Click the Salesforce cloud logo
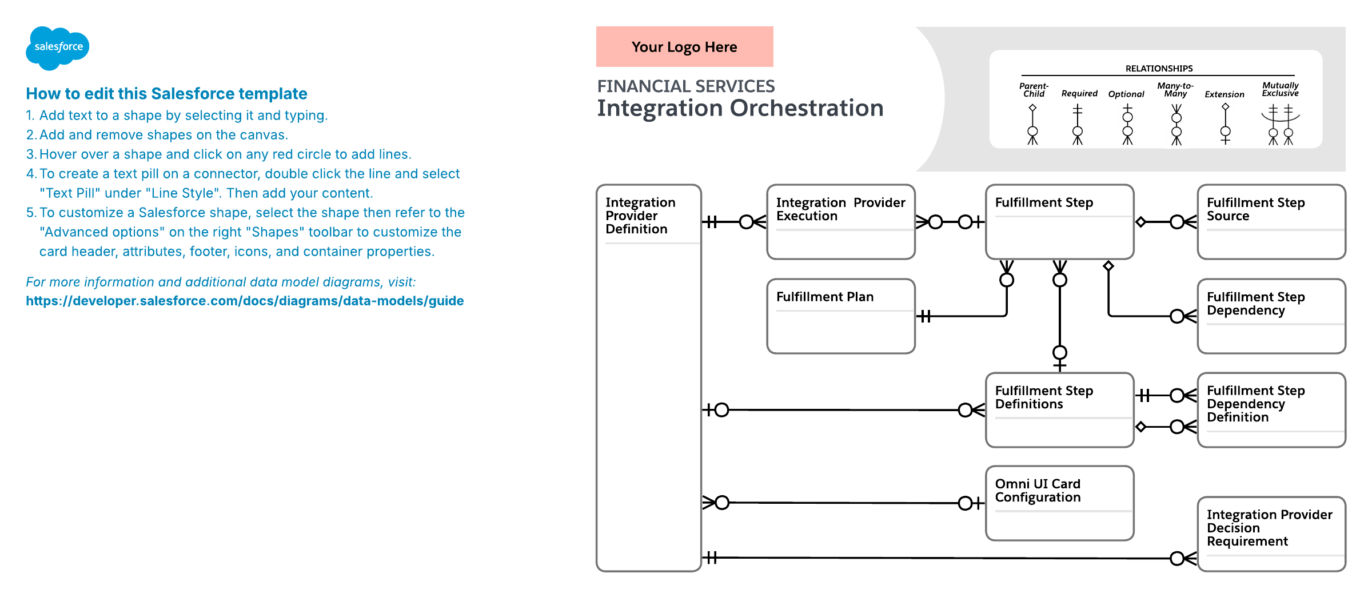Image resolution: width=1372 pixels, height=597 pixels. coord(57,48)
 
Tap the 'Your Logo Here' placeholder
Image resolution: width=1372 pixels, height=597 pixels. coord(684,46)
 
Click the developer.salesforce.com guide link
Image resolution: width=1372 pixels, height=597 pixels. coord(245,301)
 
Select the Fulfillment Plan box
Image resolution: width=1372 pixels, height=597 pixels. coord(841,316)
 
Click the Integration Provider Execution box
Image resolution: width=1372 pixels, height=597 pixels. coord(841,222)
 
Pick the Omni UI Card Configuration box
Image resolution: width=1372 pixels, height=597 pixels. coord(1060,503)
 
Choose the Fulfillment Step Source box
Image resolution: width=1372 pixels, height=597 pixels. coord(1271,222)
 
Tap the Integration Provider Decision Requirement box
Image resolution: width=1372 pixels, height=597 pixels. coord(1271,534)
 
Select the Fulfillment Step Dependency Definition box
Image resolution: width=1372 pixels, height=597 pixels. coord(1271,410)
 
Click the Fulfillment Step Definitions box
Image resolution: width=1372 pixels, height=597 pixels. coord(1060,410)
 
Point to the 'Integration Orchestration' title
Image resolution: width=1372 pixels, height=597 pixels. coord(740,108)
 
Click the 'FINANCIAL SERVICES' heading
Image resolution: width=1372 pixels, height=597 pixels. coord(686,86)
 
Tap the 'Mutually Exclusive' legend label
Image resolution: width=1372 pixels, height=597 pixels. coord(1281,89)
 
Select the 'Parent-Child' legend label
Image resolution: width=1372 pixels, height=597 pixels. coord(1034,90)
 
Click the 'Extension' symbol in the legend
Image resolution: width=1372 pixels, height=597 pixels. coord(1225,124)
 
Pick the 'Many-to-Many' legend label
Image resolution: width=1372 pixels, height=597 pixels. coord(1175,90)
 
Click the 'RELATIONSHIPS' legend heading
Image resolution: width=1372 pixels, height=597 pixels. coord(1159,69)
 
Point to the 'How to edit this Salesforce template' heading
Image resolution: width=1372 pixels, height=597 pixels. coord(166,93)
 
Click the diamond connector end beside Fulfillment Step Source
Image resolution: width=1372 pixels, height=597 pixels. coord(1140,222)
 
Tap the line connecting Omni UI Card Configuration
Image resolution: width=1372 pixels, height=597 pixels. coord(844,503)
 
